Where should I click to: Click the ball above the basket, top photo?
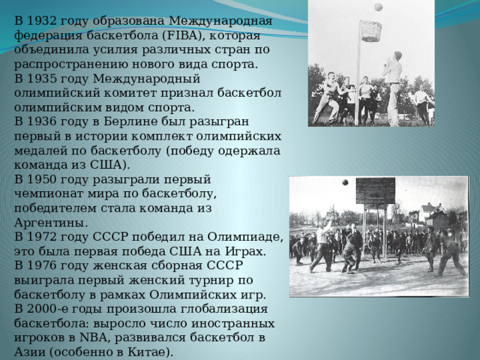pyautogui.click(x=379, y=7)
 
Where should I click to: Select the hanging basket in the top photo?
pyautogui.click(x=370, y=31)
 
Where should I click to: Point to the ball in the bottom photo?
pyautogui.click(x=345, y=182)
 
